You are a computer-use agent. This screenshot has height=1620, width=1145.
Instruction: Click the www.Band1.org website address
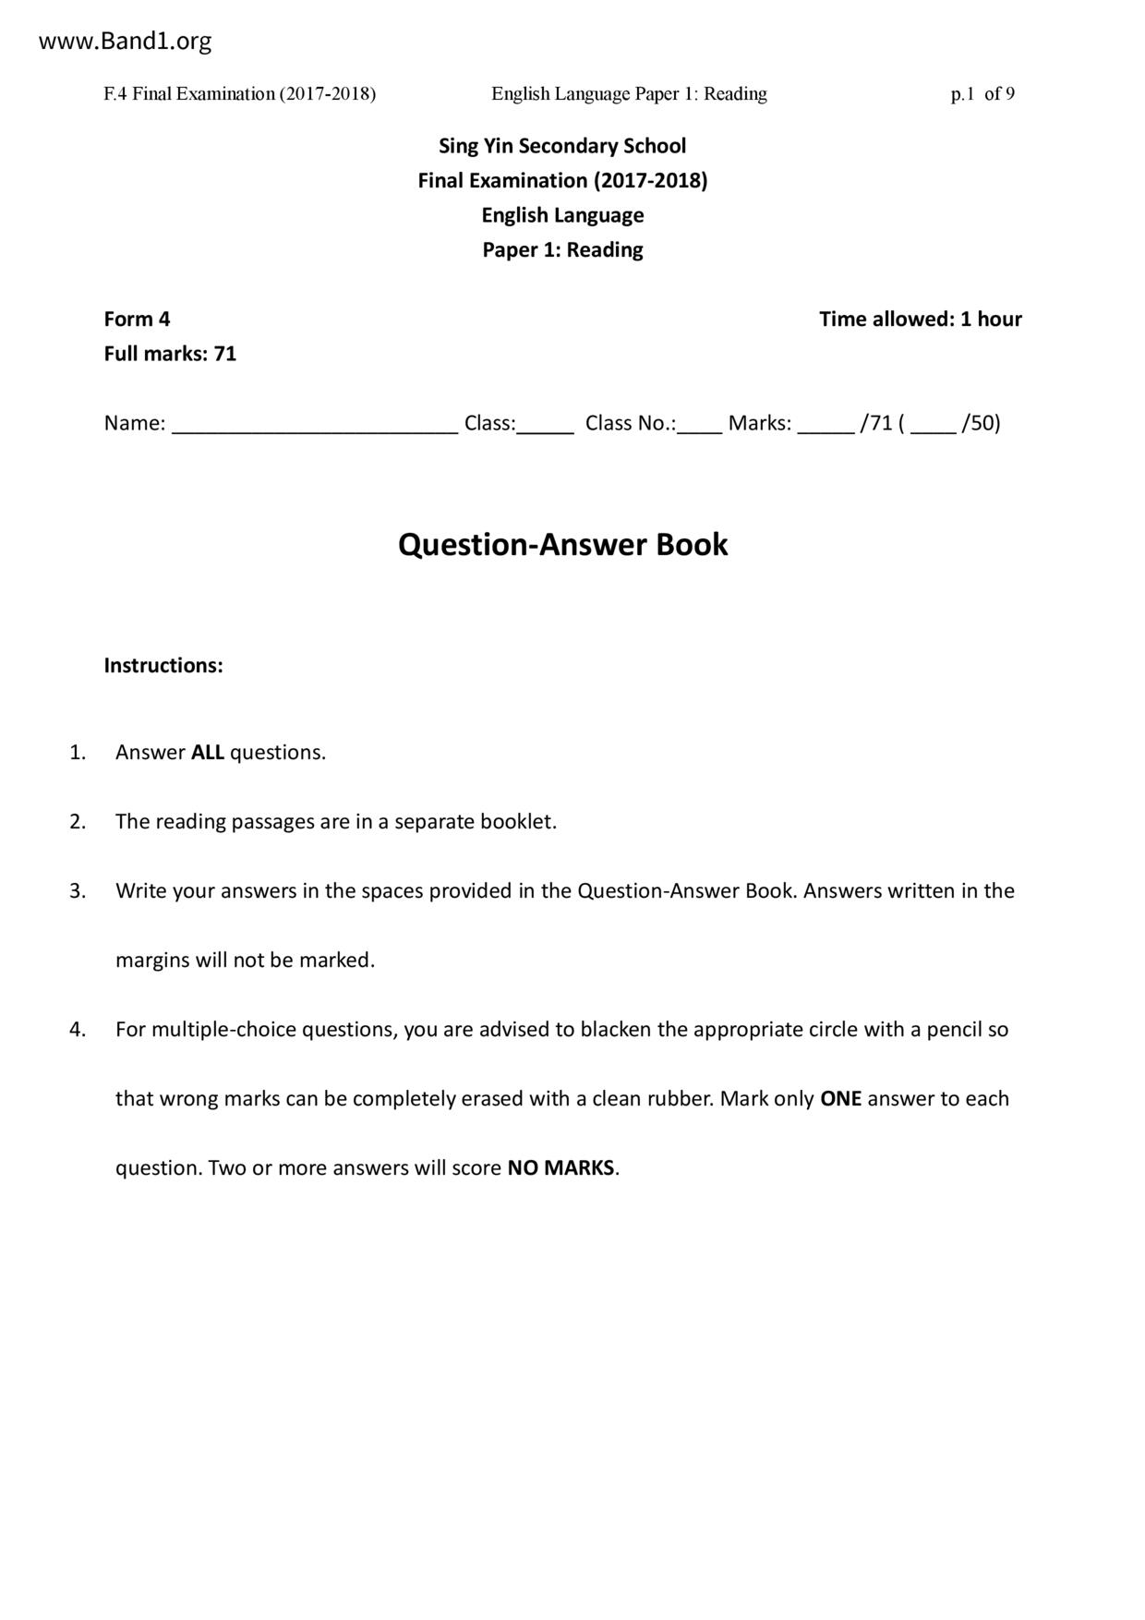tap(125, 42)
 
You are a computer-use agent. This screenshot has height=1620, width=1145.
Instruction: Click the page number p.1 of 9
tap(982, 94)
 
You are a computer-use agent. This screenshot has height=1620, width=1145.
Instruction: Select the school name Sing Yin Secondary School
tap(562, 146)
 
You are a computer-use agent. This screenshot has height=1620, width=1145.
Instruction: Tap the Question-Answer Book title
tap(562, 545)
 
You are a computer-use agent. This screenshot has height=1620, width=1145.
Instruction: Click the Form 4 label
tap(137, 320)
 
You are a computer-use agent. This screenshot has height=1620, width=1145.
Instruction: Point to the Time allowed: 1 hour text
tap(920, 320)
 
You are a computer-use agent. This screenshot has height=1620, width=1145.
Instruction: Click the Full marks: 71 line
tap(170, 354)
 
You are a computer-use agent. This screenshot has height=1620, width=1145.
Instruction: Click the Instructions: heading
tap(163, 666)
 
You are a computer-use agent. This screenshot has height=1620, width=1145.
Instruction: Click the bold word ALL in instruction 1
tap(208, 753)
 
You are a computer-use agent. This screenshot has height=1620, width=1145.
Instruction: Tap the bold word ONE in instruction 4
tap(840, 1099)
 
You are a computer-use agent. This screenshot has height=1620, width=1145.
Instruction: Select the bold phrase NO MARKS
tap(560, 1168)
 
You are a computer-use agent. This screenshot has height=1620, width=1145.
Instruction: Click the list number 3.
tap(78, 891)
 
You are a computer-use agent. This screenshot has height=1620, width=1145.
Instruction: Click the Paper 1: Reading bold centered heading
tap(562, 250)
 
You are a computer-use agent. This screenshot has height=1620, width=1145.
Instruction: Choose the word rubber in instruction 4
tap(680, 1099)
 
